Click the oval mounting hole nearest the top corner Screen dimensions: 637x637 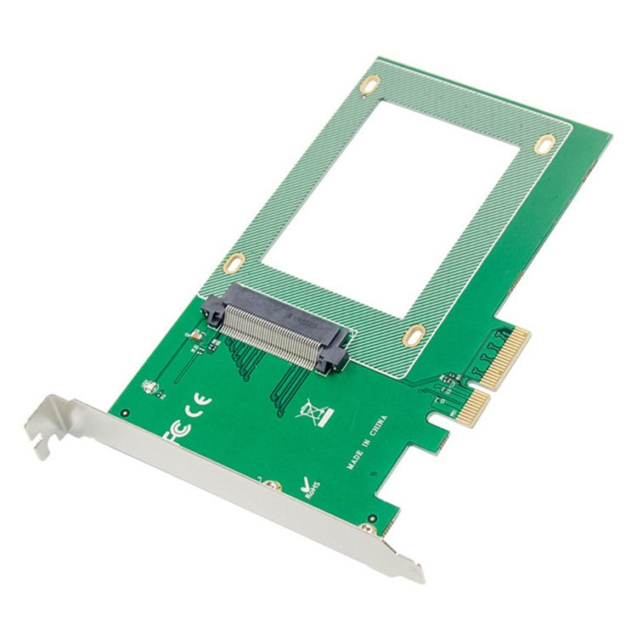tap(371, 85)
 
